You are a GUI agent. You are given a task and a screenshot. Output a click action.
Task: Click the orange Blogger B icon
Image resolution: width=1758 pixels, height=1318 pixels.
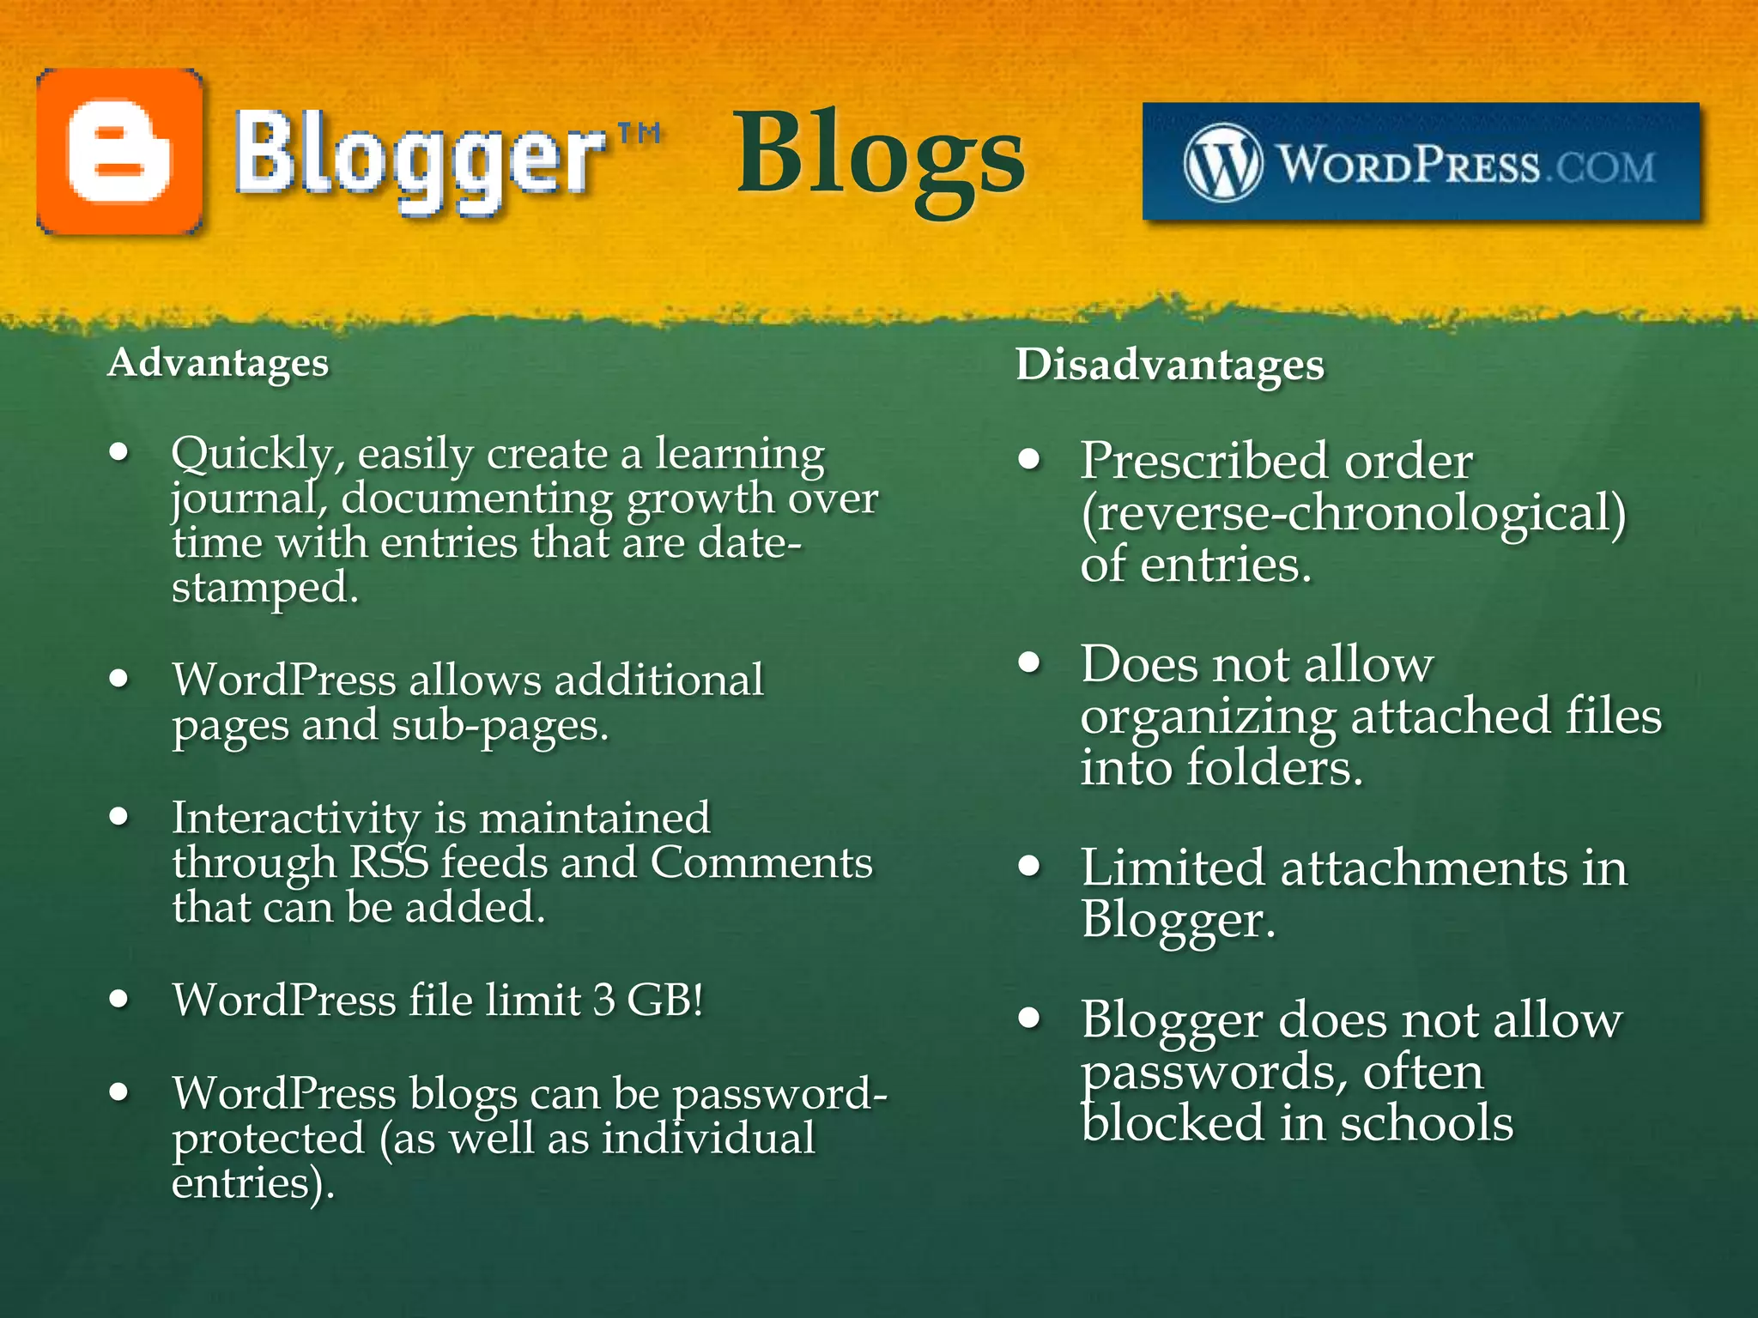(x=119, y=152)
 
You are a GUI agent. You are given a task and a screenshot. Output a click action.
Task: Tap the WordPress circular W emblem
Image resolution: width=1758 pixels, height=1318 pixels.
(x=1222, y=162)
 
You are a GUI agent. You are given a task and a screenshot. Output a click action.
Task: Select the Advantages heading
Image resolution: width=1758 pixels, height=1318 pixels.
(x=218, y=363)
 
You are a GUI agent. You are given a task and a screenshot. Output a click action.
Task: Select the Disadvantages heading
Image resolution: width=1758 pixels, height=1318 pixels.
(x=1170, y=365)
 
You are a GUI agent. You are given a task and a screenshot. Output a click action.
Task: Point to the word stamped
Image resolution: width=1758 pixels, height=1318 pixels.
(x=264, y=589)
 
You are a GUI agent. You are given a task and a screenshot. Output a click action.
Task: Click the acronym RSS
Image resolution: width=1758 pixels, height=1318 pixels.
(x=389, y=862)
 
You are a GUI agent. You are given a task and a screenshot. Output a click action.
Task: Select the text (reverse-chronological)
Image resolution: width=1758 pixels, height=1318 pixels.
(x=1353, y=513)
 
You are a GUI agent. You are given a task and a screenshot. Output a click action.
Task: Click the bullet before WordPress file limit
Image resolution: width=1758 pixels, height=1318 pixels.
(x=119, y=999)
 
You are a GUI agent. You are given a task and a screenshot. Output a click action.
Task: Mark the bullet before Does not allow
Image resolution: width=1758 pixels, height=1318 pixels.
(x=1029, y=662)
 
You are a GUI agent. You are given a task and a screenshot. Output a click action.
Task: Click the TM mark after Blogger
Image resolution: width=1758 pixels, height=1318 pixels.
(x=640, y=133)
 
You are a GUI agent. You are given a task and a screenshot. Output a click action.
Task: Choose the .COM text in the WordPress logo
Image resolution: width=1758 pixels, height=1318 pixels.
(x=1601, y=166)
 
